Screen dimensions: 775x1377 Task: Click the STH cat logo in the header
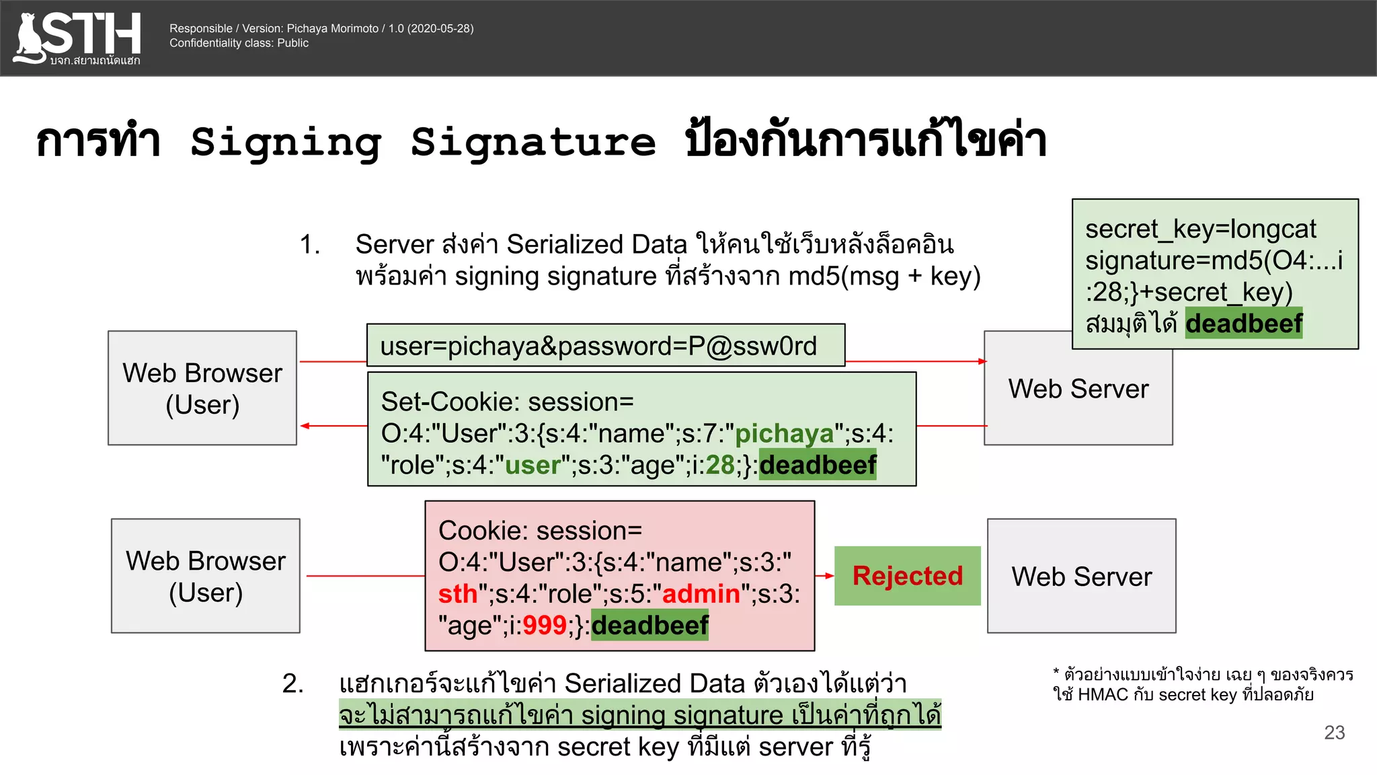(x=77, y=38)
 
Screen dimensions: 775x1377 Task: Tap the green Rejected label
(x=907, y=576)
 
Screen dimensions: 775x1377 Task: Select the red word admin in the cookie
(x=701, y=594)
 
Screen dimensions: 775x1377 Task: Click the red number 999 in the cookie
(x=544, y=626)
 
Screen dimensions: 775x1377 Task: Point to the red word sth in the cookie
(x=457, y=594)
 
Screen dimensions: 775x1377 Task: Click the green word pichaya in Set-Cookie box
(x=784, y=434)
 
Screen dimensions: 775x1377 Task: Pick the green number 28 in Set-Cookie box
(x=719, y=466)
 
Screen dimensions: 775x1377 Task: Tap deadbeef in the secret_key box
(x=1243, y=324)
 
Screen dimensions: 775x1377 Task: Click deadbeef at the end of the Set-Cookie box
(x=818, y=466)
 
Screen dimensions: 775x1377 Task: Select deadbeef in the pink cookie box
(x=650, y=626)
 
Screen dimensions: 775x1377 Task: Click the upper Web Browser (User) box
(x=202, y=388)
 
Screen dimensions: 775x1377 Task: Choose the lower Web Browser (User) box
(x=206, y=576)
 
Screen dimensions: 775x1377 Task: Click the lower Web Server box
(x=1081, y=576)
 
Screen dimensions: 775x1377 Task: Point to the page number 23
(x=1334, y=733)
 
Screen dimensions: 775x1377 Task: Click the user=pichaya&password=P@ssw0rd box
(x=605, y=346)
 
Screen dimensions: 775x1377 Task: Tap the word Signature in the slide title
(x=533, y=143)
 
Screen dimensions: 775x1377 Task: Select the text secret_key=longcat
(x=1200, y=229)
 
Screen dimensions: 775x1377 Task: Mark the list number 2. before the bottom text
(x=292, y=684)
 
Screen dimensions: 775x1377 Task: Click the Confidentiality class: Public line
(x=239, y=43)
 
